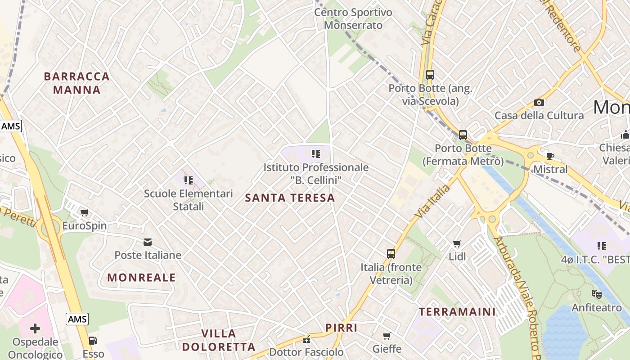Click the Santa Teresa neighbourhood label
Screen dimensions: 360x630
click(290, 198)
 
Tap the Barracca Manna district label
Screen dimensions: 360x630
click(77, 83)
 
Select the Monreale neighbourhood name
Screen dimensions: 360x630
click(141, 278)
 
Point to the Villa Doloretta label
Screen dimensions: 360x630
click(228, 340)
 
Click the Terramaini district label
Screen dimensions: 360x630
click(457, 311)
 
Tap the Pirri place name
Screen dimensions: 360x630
click(341, 328)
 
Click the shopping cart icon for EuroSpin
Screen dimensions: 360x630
click(84, 212)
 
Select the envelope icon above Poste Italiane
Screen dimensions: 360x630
click(148, 242)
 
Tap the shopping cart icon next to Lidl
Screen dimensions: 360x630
click(457, 243)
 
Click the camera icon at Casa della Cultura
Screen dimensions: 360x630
click(539, 103)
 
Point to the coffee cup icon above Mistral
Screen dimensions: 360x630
click(550, 156)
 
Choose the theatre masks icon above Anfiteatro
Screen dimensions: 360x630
click(597, 294)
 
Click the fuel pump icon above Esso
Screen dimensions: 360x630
click(93, 341)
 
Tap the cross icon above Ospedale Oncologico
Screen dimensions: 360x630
click(35, 328)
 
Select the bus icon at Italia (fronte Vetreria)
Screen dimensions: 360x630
click(391, 254)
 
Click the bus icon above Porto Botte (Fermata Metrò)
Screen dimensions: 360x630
click(463, 135)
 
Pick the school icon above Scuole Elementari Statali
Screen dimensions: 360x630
click(188, 180)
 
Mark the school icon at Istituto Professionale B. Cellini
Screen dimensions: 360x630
click(316, 154)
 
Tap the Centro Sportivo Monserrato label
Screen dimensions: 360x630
click(353, 19)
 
